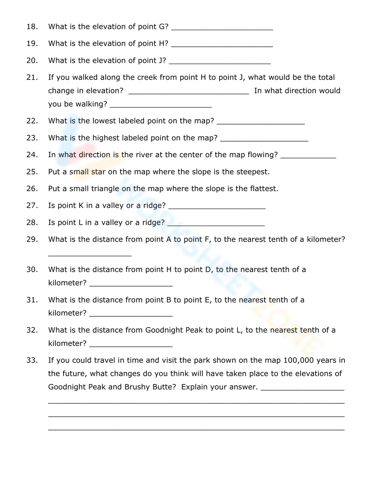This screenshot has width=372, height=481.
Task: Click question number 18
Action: [x=32, y=27]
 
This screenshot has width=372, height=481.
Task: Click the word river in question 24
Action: [x=144, y=155]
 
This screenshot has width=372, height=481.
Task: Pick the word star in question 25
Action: [x=98, y=172]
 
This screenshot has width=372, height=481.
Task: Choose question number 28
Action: [x=32, y=223]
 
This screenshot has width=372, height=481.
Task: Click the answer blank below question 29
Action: [x=90, y=255]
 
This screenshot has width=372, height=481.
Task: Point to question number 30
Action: [x=32, y=269]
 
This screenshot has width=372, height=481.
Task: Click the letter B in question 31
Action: [x=169, y=300]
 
